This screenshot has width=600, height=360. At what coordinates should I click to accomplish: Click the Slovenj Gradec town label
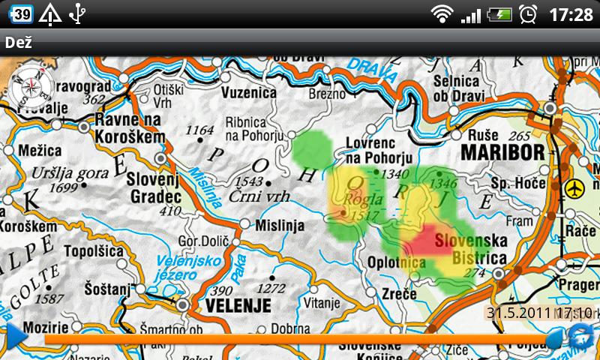(154, 187)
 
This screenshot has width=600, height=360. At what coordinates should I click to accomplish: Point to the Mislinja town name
(279, 224)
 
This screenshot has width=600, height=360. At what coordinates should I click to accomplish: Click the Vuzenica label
(249, 92)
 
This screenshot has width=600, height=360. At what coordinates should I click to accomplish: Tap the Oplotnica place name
(396, 262)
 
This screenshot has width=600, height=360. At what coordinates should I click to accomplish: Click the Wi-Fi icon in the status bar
(442, 13)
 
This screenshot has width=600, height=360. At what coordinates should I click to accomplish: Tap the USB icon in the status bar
(76, 13)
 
